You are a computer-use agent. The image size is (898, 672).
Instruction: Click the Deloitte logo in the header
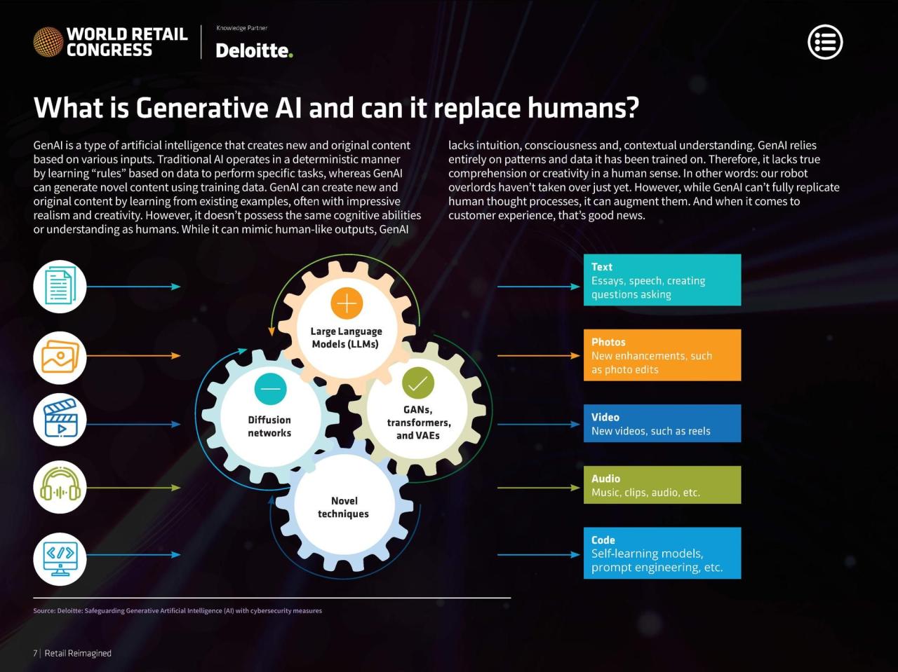(x=254, y=50)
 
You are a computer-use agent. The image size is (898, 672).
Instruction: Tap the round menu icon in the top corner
(x=825, y=41)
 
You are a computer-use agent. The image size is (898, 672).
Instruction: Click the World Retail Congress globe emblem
(x=48, y=41)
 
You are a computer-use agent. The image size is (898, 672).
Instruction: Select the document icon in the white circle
(x=60, y=287)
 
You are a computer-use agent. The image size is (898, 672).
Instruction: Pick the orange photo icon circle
(x=60, y=357)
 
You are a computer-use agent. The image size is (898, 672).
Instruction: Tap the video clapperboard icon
(x=60, y=419)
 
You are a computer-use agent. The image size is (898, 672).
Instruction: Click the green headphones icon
(x=60, y=486)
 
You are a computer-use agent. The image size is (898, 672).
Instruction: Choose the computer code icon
(x=60, y=558)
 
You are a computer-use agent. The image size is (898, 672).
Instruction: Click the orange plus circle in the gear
(x=347, y=303)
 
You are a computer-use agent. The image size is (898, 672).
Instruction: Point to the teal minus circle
(x=270, y=388)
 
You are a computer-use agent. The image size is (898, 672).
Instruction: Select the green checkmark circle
(x=417, y=383)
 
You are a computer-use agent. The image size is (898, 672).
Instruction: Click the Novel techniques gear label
(x=343, y=507)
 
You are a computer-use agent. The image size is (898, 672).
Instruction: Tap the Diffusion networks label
(x=269, y=426)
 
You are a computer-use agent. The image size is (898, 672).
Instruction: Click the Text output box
(x=662, y=280)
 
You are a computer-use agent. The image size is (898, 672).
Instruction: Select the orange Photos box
(x=662, y=355)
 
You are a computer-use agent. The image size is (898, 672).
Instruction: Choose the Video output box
(x=662, y=423)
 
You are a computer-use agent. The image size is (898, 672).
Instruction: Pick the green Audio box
(x=662, y=484)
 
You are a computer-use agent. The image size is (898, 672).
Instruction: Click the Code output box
(x=662, y=553)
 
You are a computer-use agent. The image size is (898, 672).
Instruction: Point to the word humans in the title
(x=582, y=108)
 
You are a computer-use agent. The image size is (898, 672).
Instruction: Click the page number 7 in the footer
(x=35, y=653)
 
